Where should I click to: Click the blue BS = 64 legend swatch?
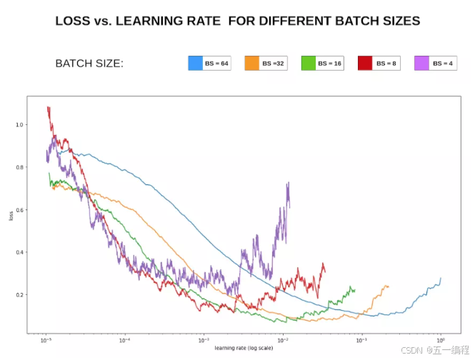pos(196,63)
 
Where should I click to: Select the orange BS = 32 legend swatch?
pos(252,63)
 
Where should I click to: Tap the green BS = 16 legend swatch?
pos(309,63)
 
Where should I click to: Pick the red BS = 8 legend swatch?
pos(365,63)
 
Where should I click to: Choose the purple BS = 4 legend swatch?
pos(421,63)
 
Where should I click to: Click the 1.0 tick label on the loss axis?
pos(19,125)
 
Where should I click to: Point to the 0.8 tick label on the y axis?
pos(19,167)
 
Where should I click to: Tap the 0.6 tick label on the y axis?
pos(19,210)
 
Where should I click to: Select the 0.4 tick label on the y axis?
pos(19,252)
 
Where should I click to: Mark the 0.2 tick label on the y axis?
pos(19,295)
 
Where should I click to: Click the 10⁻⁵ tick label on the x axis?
pos(46,340)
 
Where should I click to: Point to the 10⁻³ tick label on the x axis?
pos(204,340)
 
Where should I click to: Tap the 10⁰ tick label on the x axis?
pos(441,340)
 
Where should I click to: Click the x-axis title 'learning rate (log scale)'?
pos(244,348)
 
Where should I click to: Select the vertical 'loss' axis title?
pos(11,216)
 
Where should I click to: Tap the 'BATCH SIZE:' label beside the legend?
pos(89,64)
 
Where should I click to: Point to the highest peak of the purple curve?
pos(289,182)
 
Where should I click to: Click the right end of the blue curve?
pos(441,278)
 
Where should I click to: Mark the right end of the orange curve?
pos(389,286)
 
